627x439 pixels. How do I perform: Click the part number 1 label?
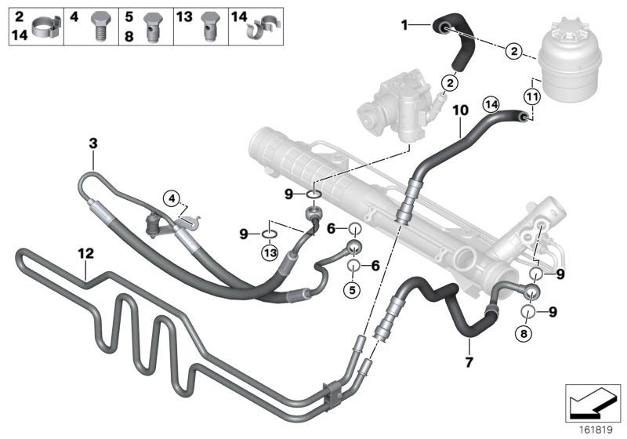click(405, 26)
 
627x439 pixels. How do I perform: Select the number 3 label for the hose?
click(92, 143)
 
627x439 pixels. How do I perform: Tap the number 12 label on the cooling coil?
click(85, 253)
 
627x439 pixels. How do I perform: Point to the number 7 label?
click(469, 362)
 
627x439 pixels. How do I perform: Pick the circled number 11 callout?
click(532, 98)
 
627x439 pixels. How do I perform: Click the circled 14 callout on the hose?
click(491, 103)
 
